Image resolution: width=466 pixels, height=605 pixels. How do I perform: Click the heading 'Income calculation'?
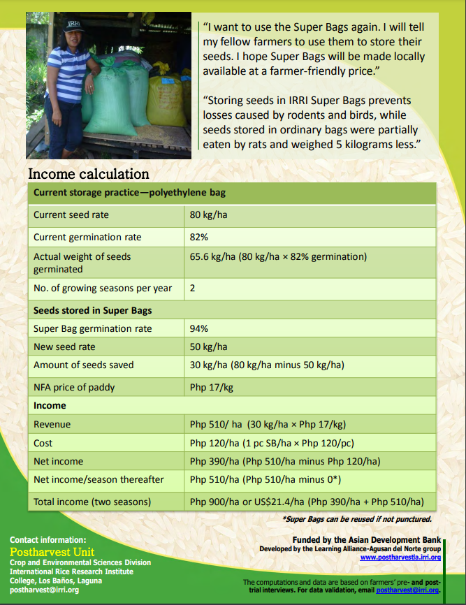pyautogui.click(x=88, y=174)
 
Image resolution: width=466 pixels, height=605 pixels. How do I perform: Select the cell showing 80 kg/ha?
pyautogui.click(x=208, y=214)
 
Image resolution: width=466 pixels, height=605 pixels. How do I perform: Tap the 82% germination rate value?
pyautogui.click(x=199, y=237)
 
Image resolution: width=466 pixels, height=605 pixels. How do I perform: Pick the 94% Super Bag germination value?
pyautogui.click(x=199, y=328)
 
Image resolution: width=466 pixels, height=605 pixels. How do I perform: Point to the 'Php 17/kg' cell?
pyautogui.click(x=212, y=387)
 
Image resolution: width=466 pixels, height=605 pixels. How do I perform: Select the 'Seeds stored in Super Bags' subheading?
pyautogui.click(x=92, y=310)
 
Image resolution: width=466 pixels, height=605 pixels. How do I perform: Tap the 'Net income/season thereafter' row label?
pyautogui.click(x=99, y=479)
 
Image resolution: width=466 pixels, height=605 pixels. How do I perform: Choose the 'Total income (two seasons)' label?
pyautogui.click(x=92, y=502)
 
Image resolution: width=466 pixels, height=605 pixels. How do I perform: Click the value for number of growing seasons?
pyautogui.click(x=193, y=288)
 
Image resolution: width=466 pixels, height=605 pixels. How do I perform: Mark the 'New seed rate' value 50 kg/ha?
pyautogui.click(x=208, y=347)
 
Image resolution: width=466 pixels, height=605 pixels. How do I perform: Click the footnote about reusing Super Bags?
pyautogui.click(x=356, y=519)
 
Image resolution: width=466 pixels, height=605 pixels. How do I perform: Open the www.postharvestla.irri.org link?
pyautogui.click(x=400, y=557)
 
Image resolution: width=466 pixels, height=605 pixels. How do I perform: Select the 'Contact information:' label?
pyautogui.click(x=48, y=540)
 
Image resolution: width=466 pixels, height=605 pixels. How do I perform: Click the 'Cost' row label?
pyautogui.click(x=43, y=443)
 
